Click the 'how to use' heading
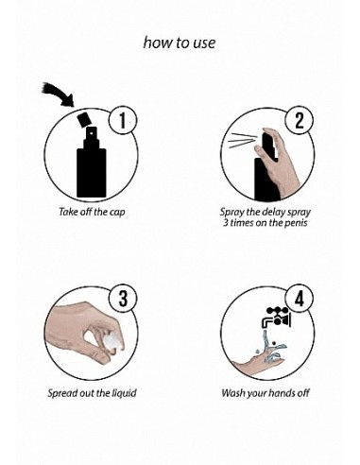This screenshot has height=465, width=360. click(x=180, y=43)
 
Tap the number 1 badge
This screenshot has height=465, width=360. click(x=123, y=121)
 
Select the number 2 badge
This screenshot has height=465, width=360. click(x=300, y=121)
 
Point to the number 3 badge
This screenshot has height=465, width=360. click(x=123, y=299)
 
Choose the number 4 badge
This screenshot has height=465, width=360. click(x=300, y=299)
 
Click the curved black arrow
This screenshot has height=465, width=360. click(x=60, y=94)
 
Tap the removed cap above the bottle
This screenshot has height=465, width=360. click(x=84, y=119)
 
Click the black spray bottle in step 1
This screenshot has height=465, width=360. click(x=92, y=162)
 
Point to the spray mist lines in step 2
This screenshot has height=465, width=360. click(x=241, y=141)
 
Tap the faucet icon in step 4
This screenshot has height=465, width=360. click(x=276, y=319)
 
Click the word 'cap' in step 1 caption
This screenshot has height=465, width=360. click(x=117, y=212)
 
